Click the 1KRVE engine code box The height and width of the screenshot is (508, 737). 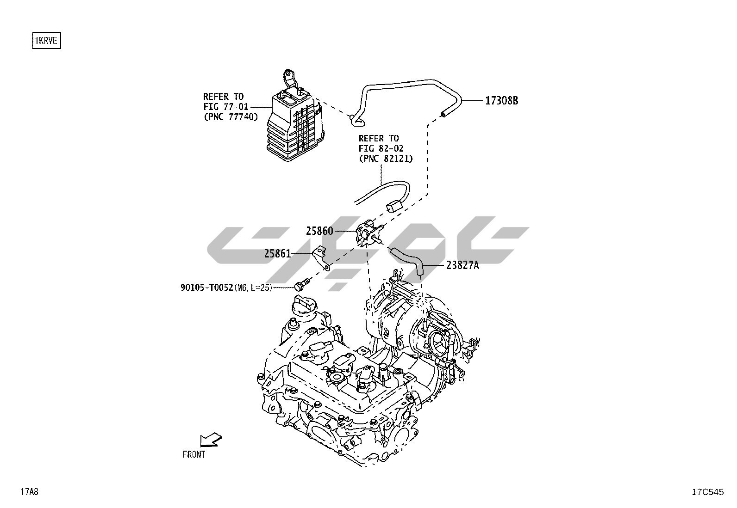pyautogui.click(x=46, y=40)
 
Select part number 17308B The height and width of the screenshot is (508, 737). pyautogui.click(x=501, y=101)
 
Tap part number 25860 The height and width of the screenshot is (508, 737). pyautogui.click(x=319, y=231)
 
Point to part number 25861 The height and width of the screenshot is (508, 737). pyautogui.click(x=277, y=253)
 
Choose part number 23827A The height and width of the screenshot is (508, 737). pyautogui.click(x=462, y=265)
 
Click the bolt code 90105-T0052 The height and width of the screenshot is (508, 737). pyautogui.click(x=206, y=288)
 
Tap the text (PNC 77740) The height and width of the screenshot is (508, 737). pyautogui.click(x=231, y=116)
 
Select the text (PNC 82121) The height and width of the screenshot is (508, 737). pyautogui.click(x=386, y=159)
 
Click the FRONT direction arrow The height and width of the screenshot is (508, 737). pyautogui.click(x=211, y=439)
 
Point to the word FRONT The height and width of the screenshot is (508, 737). pyautogui.click(x=194, y=454)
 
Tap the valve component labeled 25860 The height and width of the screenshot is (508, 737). pyautogui.click(x=368, y=233)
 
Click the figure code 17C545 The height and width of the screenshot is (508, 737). pyautogui.click(x=708, y=492)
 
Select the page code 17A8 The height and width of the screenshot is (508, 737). pyautogui.click(x=30, y=491)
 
